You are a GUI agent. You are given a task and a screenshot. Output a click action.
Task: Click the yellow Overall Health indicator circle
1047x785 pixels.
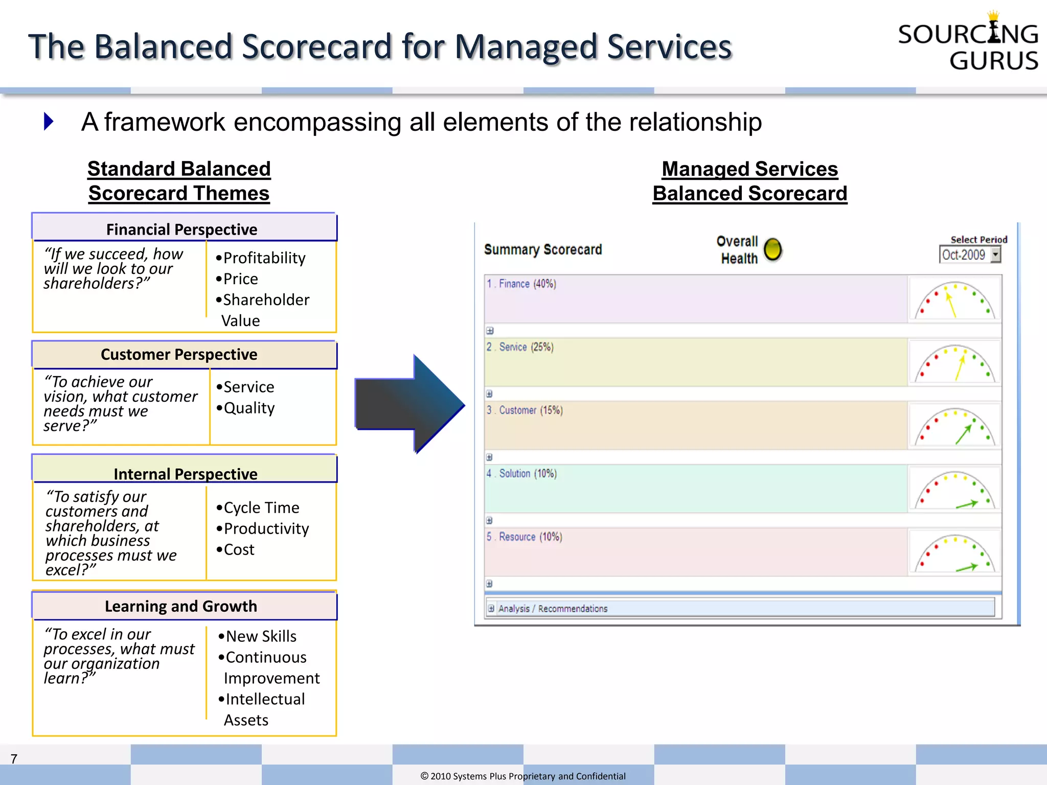coord(772,249)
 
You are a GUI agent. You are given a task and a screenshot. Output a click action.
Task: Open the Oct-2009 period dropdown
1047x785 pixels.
coord(995,255)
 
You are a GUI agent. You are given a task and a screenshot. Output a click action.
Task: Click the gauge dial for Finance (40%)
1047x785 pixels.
coord(954,300)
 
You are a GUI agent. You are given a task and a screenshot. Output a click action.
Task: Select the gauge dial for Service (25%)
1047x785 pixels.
coord(954,363)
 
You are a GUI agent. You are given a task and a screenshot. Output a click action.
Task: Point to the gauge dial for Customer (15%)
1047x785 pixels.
coord(954,427)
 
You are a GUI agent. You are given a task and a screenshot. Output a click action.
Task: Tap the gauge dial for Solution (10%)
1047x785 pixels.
coord(954,490)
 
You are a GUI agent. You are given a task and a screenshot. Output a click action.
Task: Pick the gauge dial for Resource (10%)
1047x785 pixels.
coord(954,553)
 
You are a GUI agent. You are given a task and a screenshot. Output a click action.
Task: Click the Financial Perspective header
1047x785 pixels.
coord(182,229)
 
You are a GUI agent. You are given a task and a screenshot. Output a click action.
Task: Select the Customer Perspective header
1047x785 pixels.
coord(179,354)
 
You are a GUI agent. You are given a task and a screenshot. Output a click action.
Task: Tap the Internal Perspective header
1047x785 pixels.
coord(185,473)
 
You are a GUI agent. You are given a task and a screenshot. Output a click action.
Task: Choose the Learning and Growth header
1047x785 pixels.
coord(181,606)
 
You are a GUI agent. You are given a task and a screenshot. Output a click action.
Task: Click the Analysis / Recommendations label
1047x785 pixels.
coord(553,608)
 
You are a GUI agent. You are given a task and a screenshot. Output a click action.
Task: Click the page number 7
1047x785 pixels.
coord(14,759)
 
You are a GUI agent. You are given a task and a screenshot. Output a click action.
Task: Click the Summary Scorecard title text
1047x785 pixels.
coord(543,249)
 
